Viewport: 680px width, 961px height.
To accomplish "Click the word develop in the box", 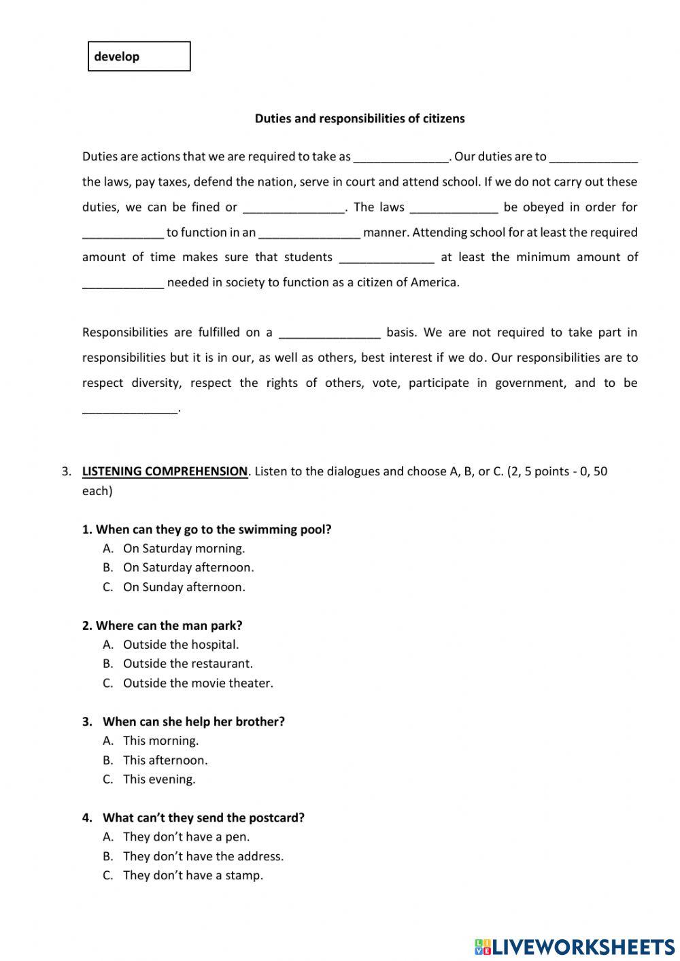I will click(117, 56).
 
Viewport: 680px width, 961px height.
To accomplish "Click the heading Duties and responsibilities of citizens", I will click(360, 118).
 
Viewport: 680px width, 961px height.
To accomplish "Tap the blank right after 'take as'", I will click(401, 158).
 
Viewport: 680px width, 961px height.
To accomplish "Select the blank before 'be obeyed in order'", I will click(454, 208).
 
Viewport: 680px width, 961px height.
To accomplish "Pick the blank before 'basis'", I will click(330, 333).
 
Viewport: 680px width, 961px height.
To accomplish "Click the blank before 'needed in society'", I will click(123, 284).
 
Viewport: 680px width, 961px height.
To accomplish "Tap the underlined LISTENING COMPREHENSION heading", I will click(165, 471).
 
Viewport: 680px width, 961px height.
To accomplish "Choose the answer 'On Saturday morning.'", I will click(184, 548).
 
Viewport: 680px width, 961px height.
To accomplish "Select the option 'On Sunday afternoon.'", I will click(184, 587).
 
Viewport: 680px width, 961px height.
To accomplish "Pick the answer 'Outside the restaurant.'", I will click(188, 663).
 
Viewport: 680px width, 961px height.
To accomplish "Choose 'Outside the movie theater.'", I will click(198, 683).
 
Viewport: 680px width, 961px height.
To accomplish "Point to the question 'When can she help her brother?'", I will click(193, 722).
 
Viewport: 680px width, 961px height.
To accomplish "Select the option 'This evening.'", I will click(159, 779).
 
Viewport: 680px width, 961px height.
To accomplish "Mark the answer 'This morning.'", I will click(160, 741).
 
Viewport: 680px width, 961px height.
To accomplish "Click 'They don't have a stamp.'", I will click(192, 875).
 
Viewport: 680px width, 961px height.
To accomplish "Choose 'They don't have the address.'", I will click(203, 856).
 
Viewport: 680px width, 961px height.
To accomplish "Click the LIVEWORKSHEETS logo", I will click(574, 946).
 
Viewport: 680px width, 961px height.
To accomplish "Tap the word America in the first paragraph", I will click(434, 283).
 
